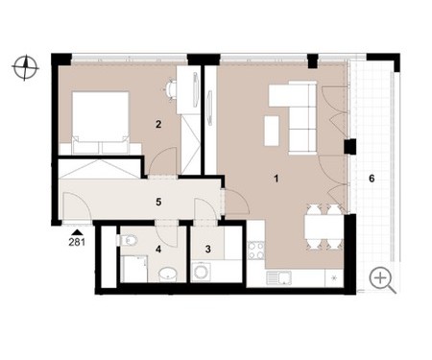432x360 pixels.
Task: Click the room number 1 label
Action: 276,179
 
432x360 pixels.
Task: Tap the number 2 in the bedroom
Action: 158,124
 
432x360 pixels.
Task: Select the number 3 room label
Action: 208,249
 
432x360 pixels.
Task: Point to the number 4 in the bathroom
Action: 158,249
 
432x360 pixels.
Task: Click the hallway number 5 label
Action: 158,202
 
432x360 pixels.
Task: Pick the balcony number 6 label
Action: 372,179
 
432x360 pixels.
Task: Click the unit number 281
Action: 77,242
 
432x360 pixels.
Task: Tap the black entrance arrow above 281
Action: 77,232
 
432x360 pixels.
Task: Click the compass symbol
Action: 25,67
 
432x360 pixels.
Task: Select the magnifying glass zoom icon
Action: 383,280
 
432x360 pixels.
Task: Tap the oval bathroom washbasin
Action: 168,275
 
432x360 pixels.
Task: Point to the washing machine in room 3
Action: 201,272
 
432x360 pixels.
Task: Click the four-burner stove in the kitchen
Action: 256,251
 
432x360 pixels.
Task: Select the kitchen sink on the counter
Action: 279,277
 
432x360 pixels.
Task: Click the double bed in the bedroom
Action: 101,123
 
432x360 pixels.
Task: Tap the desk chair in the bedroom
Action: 171,90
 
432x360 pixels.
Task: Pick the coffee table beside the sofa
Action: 272,131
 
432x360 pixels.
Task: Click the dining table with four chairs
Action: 324,227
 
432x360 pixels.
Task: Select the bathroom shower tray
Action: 135,269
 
